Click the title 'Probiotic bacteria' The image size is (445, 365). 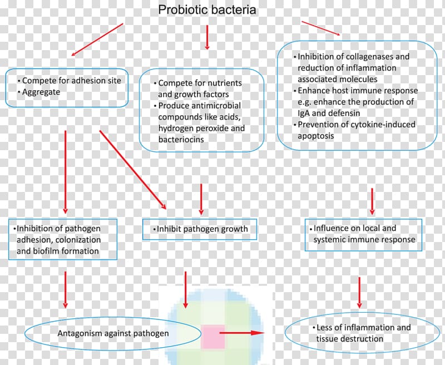[x=207, y=10]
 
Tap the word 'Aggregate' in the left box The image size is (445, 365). [x=41, y=92]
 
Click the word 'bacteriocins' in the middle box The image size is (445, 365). [x=181, y=139]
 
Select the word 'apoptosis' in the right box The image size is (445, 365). [x=315, y=136]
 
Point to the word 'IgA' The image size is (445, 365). [x=304, y=114]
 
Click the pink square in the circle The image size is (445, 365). [x=213, y=337]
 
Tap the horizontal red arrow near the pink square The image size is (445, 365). [x=242, y=333]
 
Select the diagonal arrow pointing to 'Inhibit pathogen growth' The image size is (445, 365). [x=132, y=170]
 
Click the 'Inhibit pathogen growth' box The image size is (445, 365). [x=200, y=229]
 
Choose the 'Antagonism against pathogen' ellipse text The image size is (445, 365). [x=113, y=333]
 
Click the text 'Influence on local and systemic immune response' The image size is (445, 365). [x=363, y=234]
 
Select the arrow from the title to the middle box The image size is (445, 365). [x=207, y=37]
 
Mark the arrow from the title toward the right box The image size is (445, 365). [x=321, y=28]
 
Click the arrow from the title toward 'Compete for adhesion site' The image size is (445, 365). [x=97, y=40]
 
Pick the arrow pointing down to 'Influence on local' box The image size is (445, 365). [x=372, y=201]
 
